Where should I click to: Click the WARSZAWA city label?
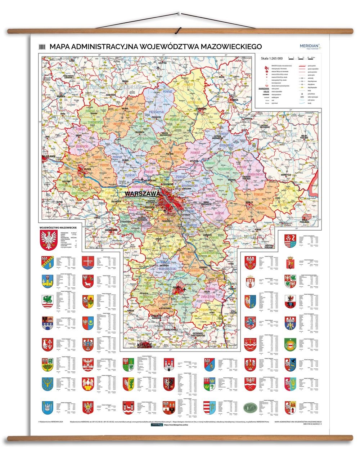(x=142, y=194)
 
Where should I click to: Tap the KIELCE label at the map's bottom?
(x=144, y=345)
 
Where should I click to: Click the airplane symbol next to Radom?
(x=185, y=289)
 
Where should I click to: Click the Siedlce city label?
(x=249, y=203)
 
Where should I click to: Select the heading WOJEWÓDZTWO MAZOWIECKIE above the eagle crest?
(x=58, y=228)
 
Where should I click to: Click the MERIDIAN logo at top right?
(x=309, y=46)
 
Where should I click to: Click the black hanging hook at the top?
(x=177, y=31)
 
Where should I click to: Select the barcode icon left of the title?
(x=43, y=46)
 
